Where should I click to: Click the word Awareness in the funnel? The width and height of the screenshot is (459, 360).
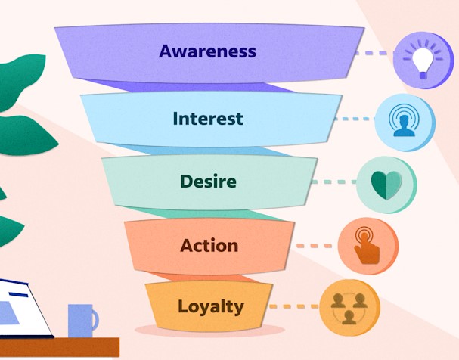click(x=207, y=51)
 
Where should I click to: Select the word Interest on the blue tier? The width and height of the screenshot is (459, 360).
click(x=208, y=119)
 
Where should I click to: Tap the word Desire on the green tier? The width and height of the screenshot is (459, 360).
click(x=208, y=182)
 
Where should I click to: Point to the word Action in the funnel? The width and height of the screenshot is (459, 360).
click(x=209, y=245)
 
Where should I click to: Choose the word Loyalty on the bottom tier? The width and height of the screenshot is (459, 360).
click(x=211, y=307)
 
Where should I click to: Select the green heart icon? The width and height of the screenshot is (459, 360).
click(x=386, y=185)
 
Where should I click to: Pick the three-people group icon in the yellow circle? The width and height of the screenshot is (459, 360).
click(x=349, y=309)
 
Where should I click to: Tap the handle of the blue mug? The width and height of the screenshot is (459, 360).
click(x=95, y=320)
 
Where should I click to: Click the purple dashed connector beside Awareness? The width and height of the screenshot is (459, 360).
click(x=374, y=53)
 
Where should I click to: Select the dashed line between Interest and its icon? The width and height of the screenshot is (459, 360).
click(x=355, y=119)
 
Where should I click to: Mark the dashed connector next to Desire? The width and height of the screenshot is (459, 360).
click(x=334, y=182)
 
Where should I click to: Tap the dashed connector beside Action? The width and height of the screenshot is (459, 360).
click(x=314, y=246)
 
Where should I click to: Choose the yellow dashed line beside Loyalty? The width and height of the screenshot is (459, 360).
click(x=294, y=306)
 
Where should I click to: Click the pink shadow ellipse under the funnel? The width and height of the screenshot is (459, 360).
click(x=209, y=330)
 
